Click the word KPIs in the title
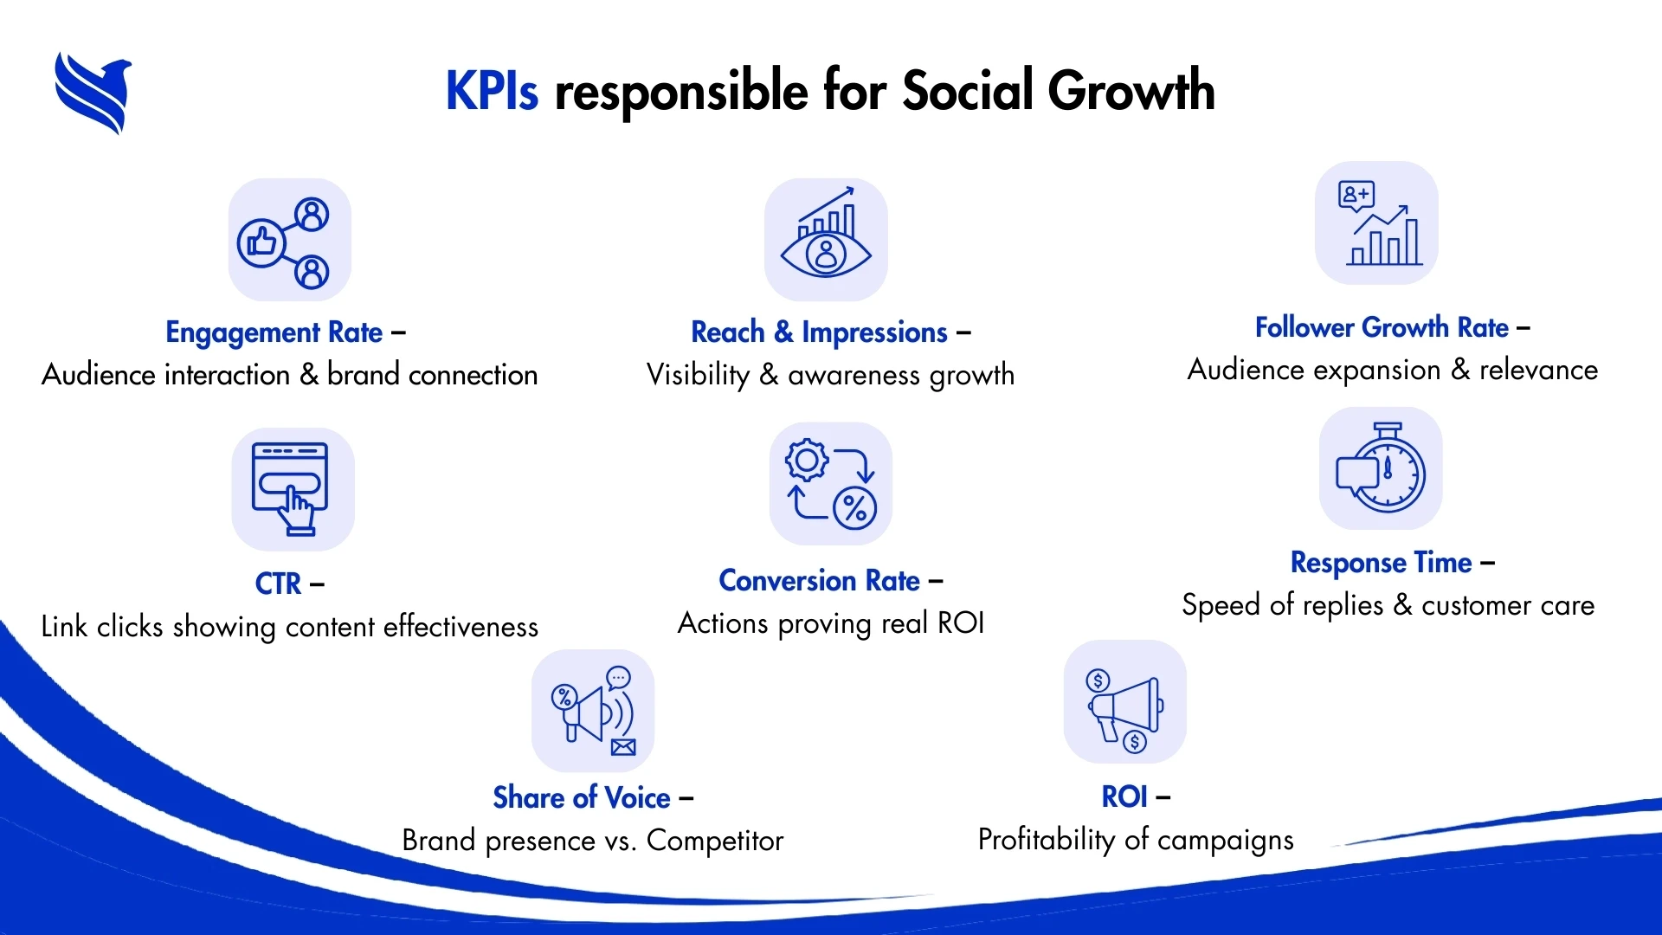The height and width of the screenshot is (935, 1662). (x=492, y=91)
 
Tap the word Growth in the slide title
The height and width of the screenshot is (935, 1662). (x=1131, y=91)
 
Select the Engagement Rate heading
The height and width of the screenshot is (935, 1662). (x=274, y=332)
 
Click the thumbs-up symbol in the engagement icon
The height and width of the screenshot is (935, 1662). (x=261, y=242)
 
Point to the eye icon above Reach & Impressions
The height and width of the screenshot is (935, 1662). (x=826, y=241)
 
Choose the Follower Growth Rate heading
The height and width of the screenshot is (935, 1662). (x=1382, y=328)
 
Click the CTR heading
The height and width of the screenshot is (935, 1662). (x=278, y=584)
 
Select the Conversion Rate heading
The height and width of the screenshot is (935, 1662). (x=819, y=581)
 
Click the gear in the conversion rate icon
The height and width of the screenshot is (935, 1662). (x=807, y=460)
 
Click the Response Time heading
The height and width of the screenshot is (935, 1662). (x=1381, y=563)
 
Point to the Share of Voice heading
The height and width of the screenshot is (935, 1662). (x=582, y=798)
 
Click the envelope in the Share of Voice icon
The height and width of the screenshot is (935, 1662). (x=623, y=747)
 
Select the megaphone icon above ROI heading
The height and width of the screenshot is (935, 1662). (x=1125, y=702)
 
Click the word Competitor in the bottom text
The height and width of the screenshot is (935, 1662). (x=714, y=841)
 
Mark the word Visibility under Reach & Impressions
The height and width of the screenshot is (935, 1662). (x=698, y=375)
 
